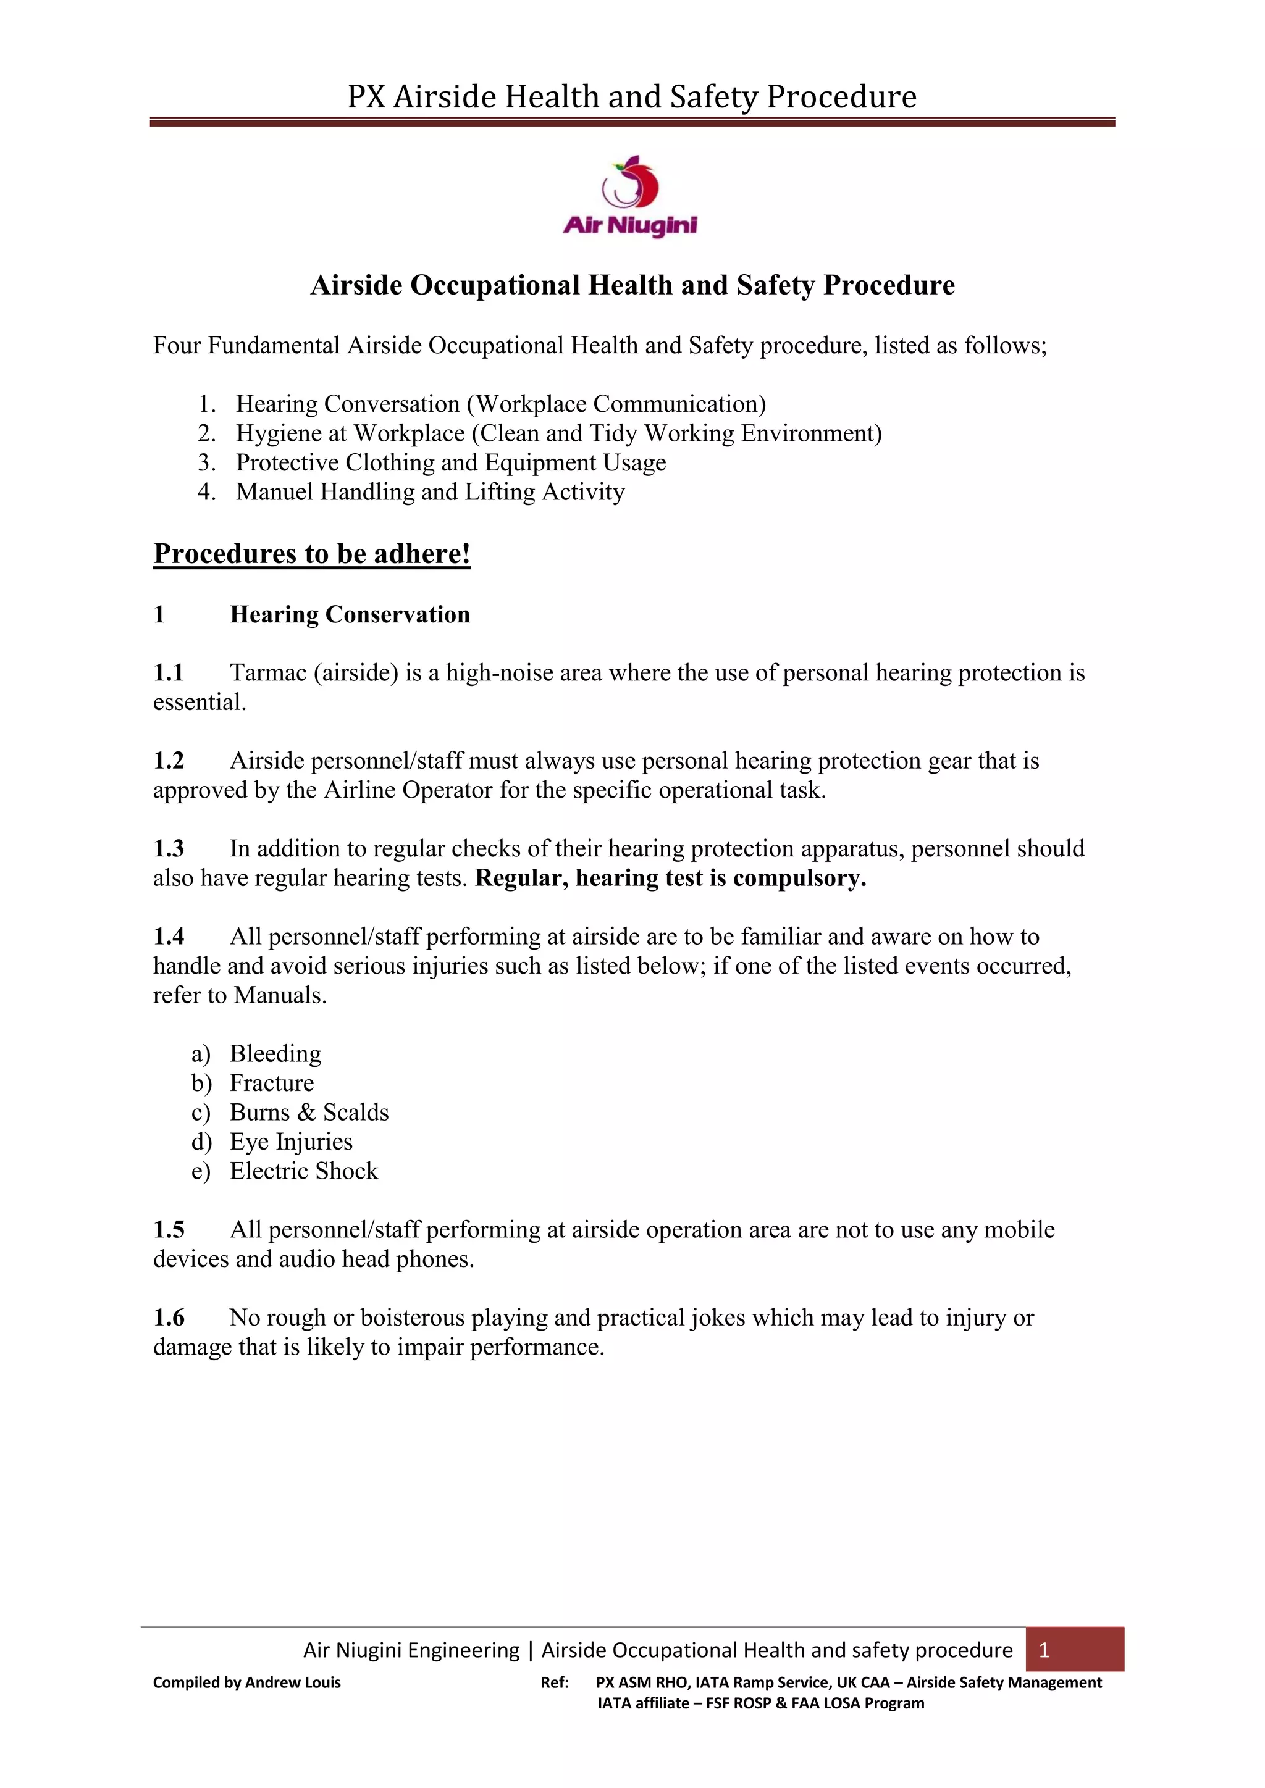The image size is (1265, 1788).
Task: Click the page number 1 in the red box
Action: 1044,1649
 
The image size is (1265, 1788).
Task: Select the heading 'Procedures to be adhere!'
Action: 311,554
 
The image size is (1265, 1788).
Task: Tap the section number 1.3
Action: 168,848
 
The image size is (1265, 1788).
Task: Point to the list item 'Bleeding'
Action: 275,1054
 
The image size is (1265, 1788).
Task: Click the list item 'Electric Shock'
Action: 303,1171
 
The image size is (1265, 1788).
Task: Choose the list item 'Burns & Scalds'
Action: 308,1112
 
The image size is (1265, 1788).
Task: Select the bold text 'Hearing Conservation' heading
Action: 350,614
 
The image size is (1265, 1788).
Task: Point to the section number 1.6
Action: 168,1318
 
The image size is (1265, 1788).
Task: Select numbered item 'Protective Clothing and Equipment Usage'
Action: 451,462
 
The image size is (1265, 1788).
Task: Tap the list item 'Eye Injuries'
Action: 290,1142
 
